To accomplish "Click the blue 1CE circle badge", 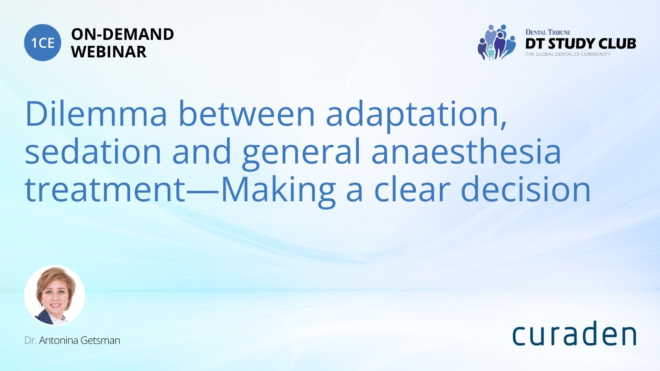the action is [x=43, y=43].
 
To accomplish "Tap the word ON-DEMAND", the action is [x=122, y=34].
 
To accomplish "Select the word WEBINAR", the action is [x=109, y=52].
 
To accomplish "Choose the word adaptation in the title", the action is [x=416, y=115].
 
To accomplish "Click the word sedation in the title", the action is [x=93, y=151].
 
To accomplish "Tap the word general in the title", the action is [x=301, y=154].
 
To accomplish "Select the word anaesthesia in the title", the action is [x=466, y=151].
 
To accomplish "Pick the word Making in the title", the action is [x=278, y=191].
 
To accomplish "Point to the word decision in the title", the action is [x=526, y=189].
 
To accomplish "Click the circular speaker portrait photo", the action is [x=55, y=295].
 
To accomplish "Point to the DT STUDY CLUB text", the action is [x=581, y=44].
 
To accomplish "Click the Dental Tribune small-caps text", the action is [x=548, y=32].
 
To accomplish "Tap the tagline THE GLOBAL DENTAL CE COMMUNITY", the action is [x=568, y=54].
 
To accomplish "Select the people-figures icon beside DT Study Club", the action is [x=496, y=43].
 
